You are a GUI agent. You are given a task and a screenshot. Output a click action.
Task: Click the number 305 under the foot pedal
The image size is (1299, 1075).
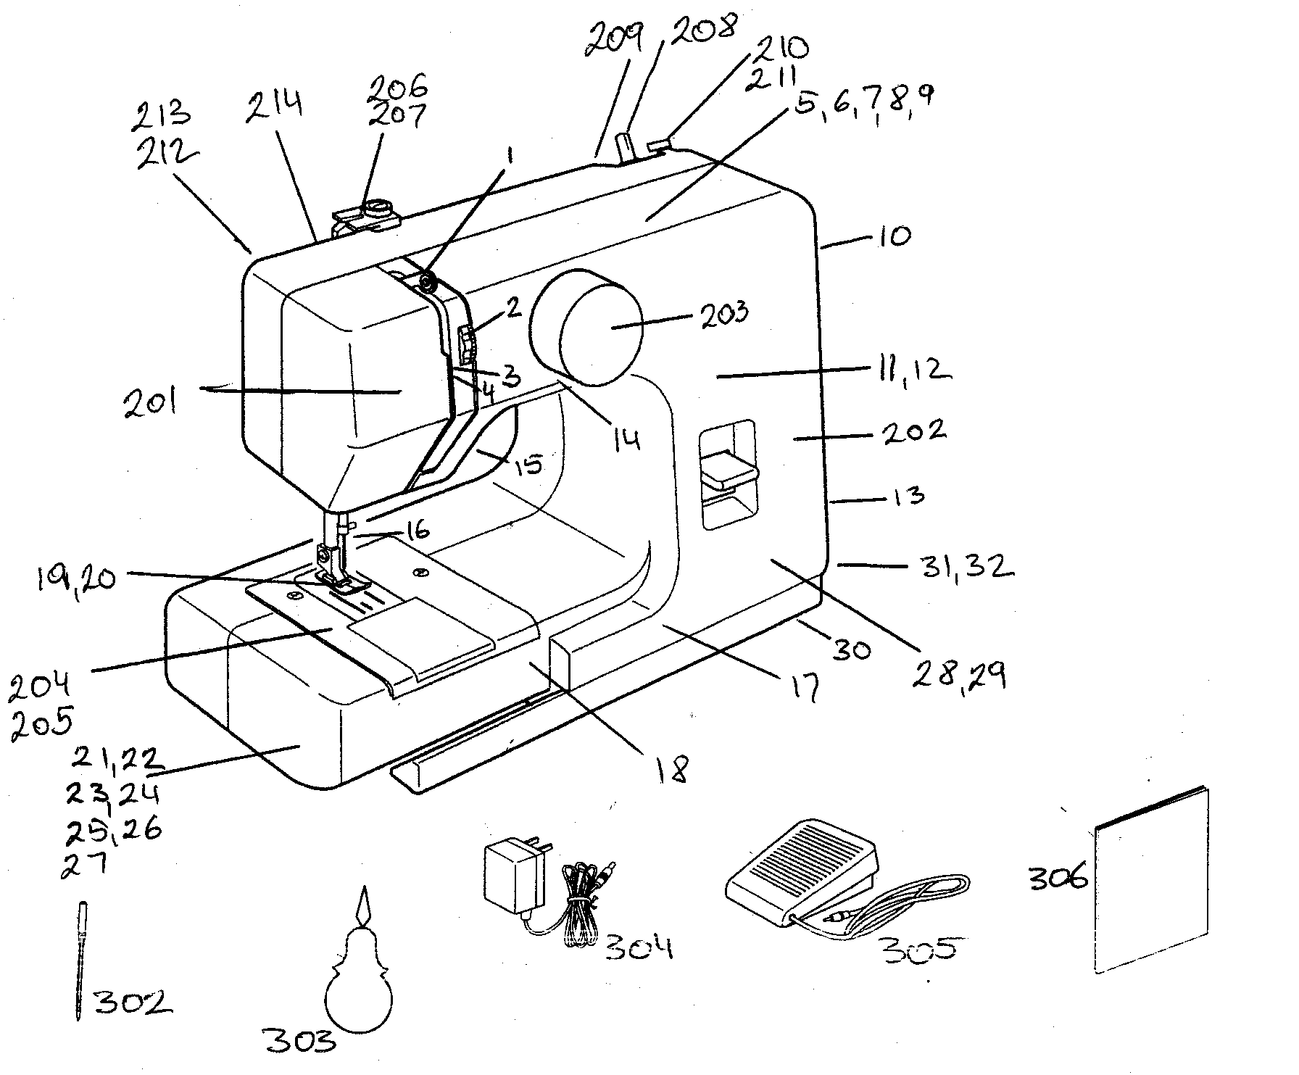click(915, 950)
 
